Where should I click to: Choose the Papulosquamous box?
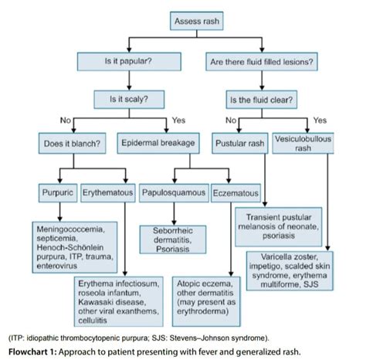point(174,190)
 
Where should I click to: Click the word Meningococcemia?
point(70,229)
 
